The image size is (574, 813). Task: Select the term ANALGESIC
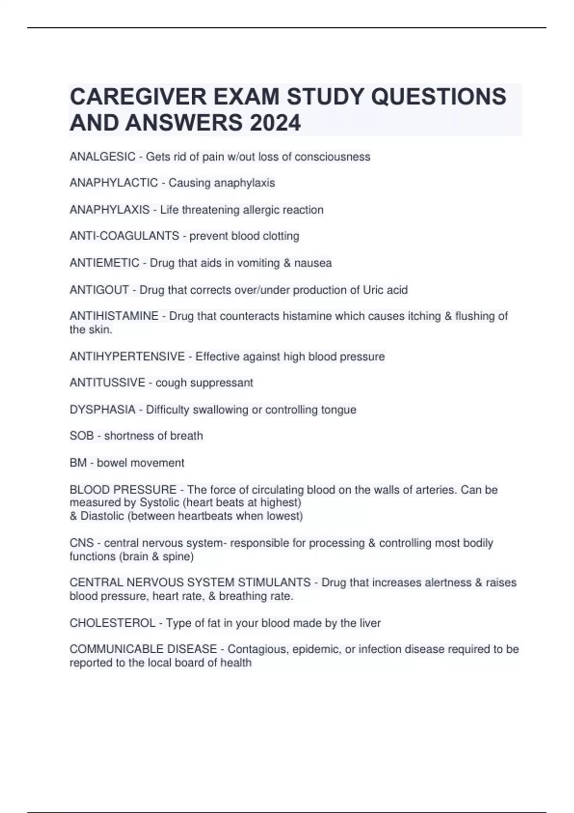pyautogui.click(x=102, y=157)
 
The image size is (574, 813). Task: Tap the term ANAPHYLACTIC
pyautogui.click(x=113, y=183)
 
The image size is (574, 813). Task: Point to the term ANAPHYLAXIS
pyautogui.click(x=110, y=210)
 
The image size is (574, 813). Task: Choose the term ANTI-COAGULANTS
pyautogui.click(x=124, y=236)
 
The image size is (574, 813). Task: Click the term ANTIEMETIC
pyautogui.click(x=104, y=263)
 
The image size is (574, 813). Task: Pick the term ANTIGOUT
pyautogui.click(x=99, y=290)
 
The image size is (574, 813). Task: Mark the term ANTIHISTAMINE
pyautogui.click(x=114, y=316)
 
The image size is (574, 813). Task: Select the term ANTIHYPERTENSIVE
pyautogui.click(x=127, y=357)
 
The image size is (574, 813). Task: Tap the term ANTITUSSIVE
pyautogui.click(x=107, y=383)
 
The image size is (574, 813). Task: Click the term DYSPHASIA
pyautogui.click(x=102, y=410)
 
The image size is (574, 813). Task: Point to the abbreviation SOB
pyautogui.click(x=81, y=436)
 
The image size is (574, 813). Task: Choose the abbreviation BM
pyautogui.click(x=78, y=463)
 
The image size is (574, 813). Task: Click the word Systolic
pyautogui.click(x=159, y=503)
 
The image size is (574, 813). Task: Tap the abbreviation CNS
pyautogui.click(x=82, y=543)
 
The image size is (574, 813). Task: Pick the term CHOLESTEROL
pyautogui.click(x=112, y=623)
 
